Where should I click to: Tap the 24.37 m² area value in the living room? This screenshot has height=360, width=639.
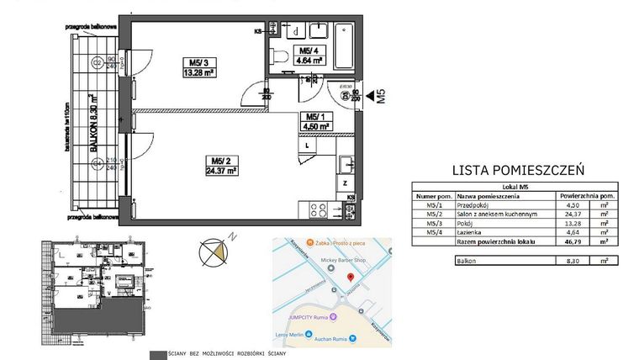click(x=218, y=169)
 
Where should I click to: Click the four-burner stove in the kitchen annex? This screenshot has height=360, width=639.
click(x=319, y=208)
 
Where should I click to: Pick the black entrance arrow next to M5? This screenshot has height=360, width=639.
click(x=370, y=95)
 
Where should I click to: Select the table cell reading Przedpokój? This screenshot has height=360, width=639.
click(x=475, y=203)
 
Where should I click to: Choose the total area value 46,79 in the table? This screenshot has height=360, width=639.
click(x=571, y=241)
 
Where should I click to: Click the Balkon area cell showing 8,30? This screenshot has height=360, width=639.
click(x=572, y=262)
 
